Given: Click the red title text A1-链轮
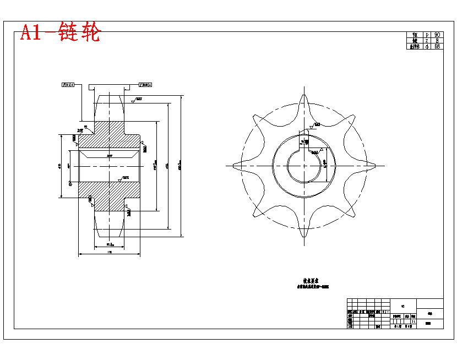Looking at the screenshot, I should coord(61,33).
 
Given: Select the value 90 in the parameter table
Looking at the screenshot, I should coord(437,35).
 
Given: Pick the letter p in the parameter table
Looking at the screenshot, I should coord(427,35).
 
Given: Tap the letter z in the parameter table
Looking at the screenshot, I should coord(427,41).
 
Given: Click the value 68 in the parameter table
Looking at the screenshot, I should coord(437,47).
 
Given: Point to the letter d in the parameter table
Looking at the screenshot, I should coord(427,47).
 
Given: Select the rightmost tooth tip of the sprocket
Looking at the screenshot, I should coord(380,165).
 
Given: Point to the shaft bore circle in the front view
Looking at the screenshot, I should coord(304,165).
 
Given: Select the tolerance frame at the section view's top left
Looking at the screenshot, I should coord(68,85).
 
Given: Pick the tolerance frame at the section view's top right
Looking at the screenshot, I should coord(146,85).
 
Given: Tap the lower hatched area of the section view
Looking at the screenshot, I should coord(110,195).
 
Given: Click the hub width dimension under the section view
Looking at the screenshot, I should coord(110,252).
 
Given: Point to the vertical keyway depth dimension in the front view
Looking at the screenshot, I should coord(328,164).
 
